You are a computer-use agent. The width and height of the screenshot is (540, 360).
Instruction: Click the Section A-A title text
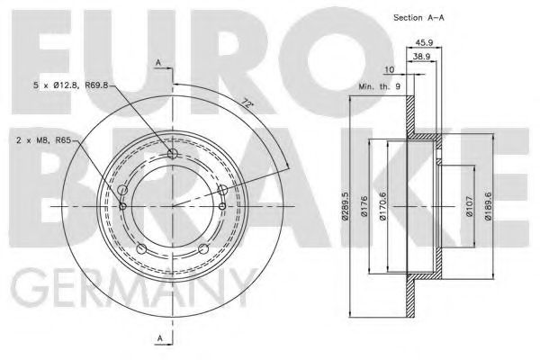(x=419, y=18)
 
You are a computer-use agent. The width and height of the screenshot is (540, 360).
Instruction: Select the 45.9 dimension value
(x=426, y=41)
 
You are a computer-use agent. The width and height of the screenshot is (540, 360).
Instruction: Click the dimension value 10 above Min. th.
(x=388, y=69)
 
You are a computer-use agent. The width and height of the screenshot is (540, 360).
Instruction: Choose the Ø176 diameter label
(x=361, y=210)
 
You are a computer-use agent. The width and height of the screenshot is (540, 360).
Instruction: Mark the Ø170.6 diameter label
(x=382, y=210)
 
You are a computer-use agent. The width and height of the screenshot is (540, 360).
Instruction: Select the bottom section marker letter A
(x=158, y=338)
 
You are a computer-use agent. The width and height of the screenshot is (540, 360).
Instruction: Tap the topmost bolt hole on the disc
(x=174, y=154)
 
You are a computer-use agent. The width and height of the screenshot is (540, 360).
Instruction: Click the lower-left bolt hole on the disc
(x=141, y=249)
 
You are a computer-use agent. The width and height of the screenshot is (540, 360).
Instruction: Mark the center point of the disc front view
(x=174, y=205)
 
